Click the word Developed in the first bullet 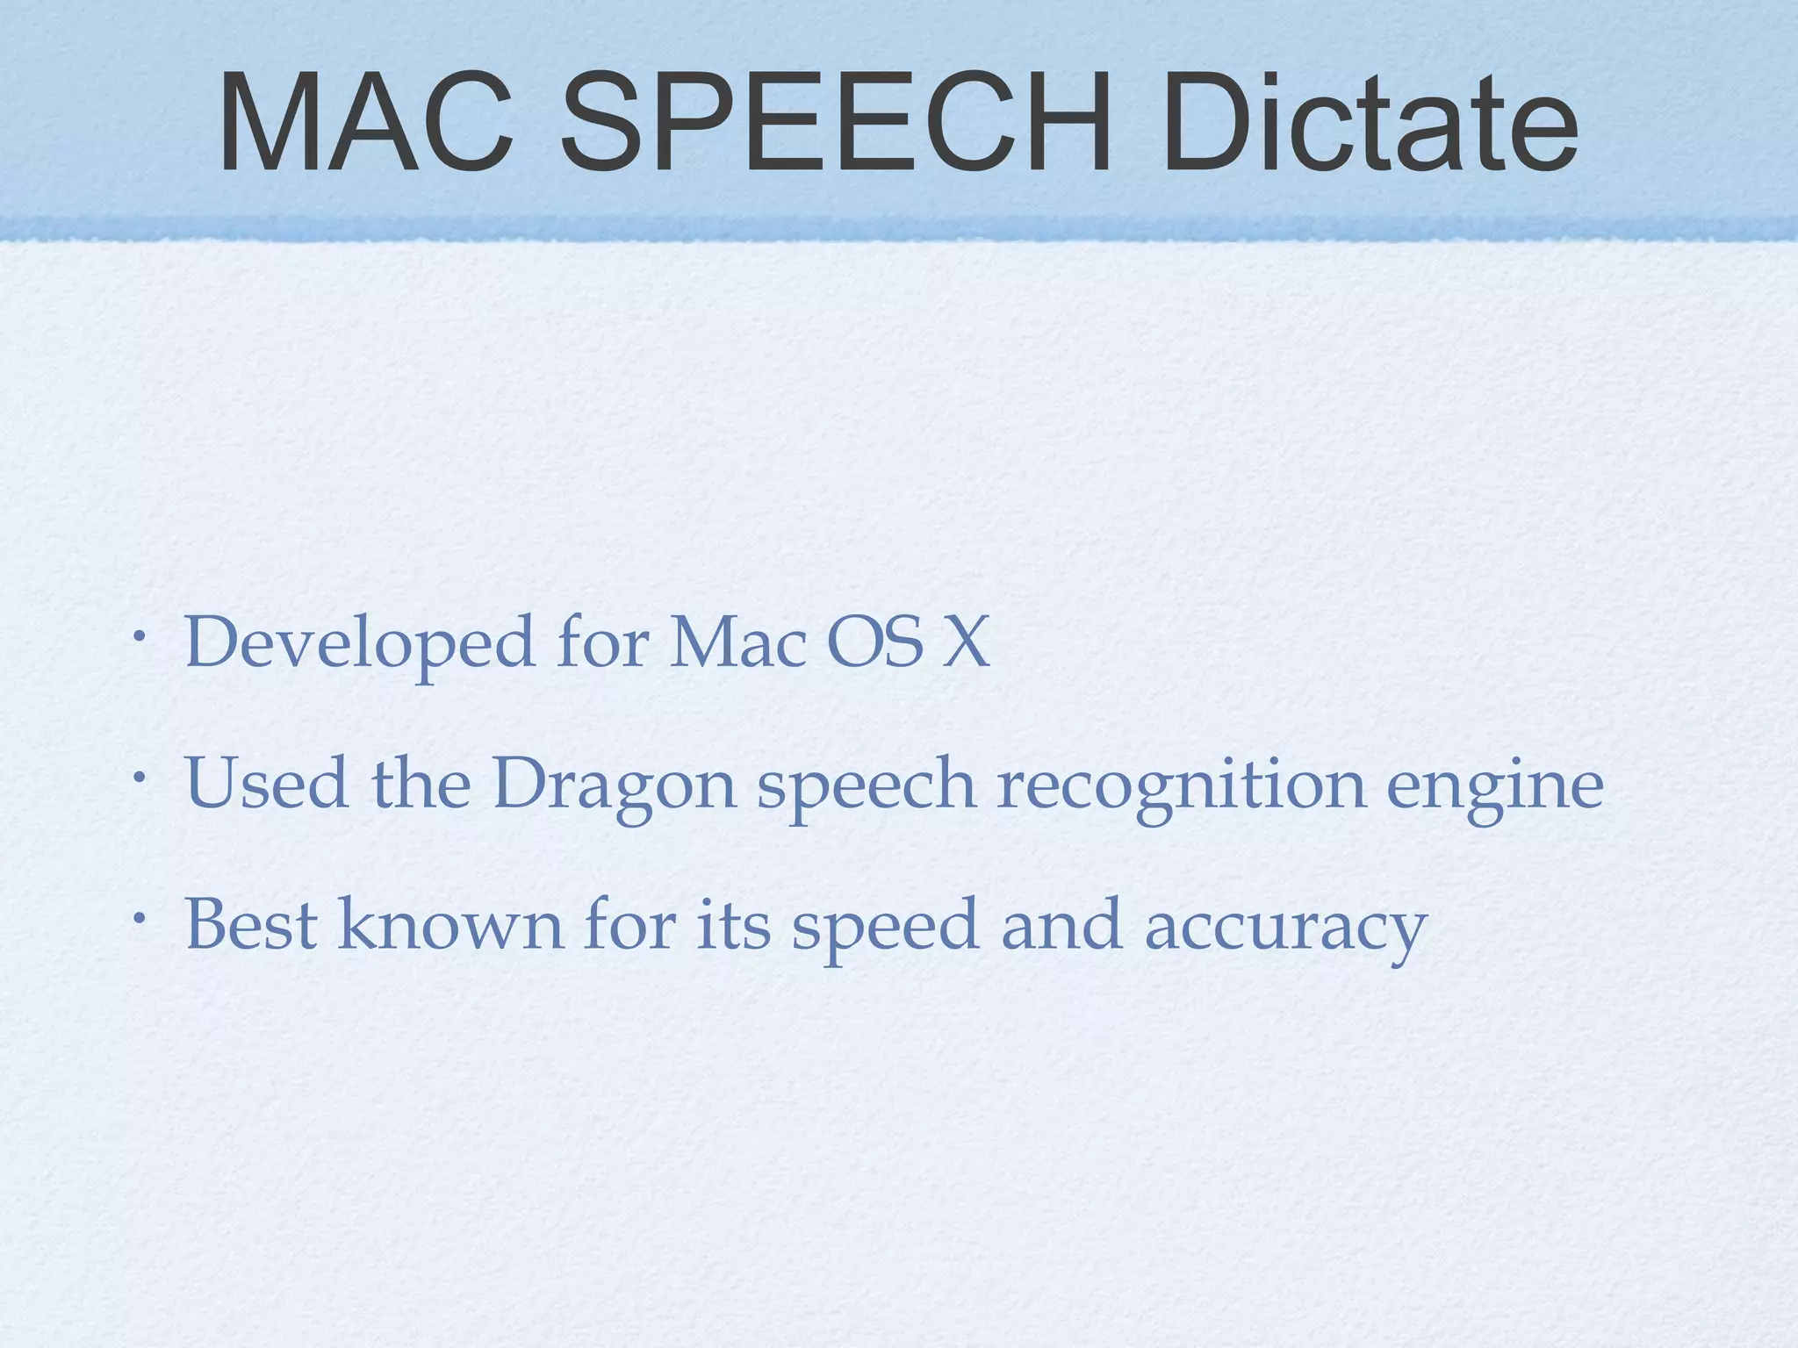tap(359, 642)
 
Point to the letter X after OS tap(965, 642)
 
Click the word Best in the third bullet tap(250, 924)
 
